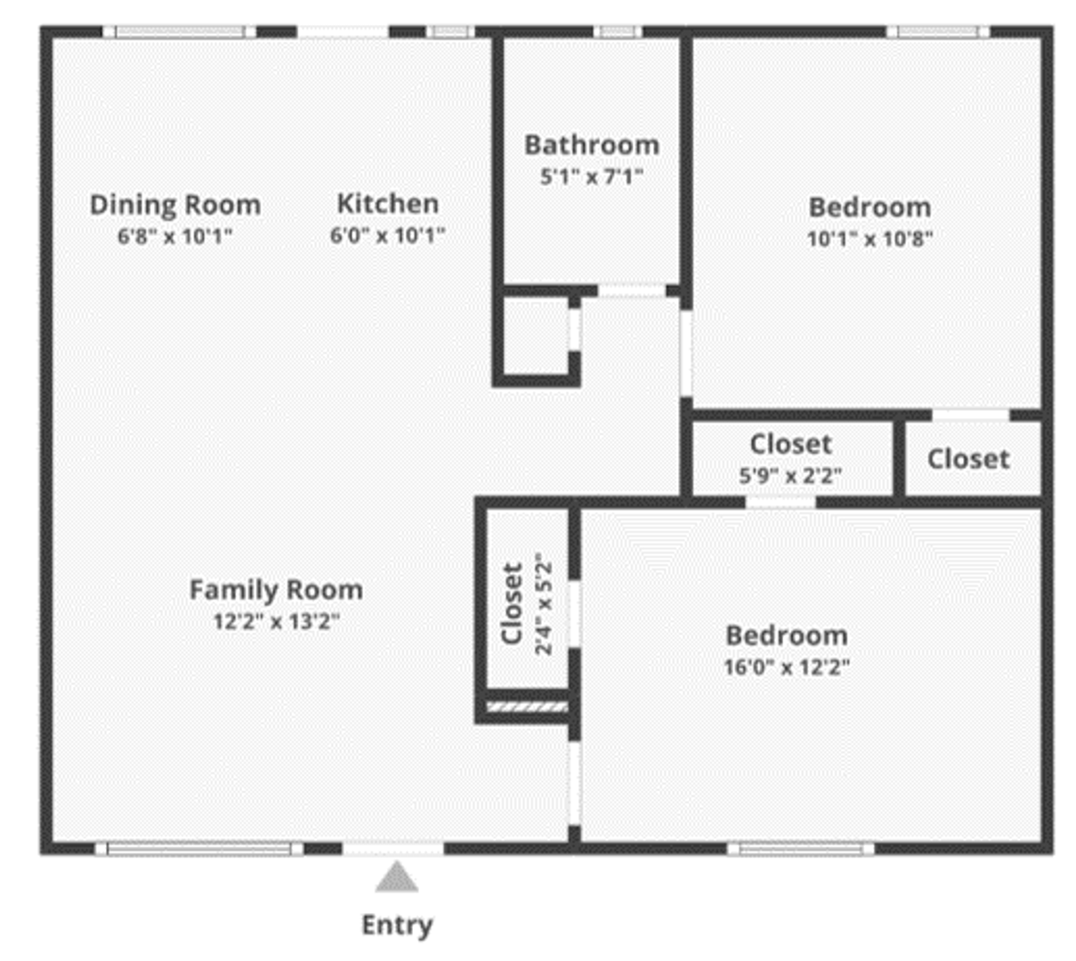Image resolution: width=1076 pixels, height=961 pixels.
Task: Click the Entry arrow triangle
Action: point(397,876)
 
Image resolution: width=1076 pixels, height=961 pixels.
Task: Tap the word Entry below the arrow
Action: point(397,926)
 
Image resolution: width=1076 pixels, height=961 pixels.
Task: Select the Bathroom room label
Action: point(592,145)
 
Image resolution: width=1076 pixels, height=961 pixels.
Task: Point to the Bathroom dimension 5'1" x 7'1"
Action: point(592,176)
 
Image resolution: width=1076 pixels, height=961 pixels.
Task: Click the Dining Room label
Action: point(175,205)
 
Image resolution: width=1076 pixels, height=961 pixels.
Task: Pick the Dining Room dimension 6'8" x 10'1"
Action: point(175,236)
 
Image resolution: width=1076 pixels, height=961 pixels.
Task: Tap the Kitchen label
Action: point(388,204)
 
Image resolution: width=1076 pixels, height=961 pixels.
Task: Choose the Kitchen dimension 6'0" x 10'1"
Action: point(388,235)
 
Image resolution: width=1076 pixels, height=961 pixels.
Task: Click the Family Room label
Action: point(276,590)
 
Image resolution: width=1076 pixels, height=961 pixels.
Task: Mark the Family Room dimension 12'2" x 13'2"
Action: point(276,621)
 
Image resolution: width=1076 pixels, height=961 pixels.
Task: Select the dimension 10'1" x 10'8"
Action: point(870,239)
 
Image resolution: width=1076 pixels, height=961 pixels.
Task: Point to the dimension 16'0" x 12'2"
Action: point(787,666)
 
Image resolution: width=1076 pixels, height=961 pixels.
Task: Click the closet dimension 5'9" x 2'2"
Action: point(791,476)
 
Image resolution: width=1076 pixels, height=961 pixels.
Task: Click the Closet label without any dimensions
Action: point(968,459)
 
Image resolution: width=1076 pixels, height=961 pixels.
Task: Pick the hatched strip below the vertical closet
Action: point(528,707)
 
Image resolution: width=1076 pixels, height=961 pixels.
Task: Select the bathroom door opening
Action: point(632,291)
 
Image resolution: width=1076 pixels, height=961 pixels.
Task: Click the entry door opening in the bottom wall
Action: point(393,849)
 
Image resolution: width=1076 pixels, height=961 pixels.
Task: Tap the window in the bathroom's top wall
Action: point(617,32)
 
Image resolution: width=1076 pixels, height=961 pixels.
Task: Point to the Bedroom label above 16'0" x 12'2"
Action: point(787,635)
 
